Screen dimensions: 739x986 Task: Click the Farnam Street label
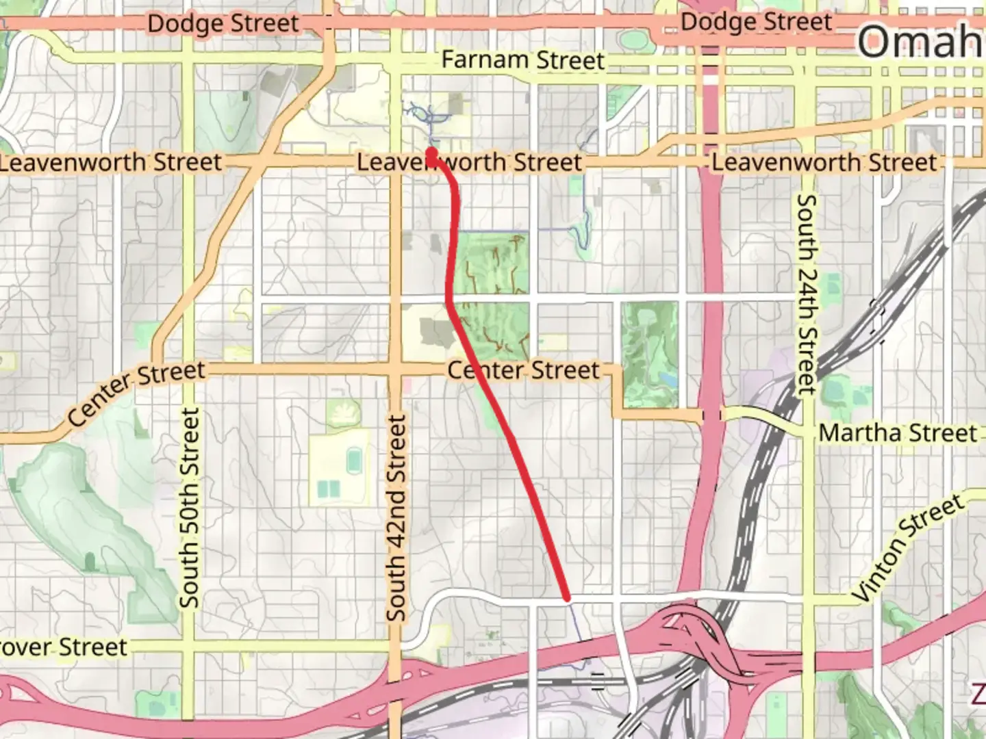(523, 60)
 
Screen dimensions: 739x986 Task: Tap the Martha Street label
(898, 433)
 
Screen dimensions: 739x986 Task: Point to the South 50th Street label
(189, 508)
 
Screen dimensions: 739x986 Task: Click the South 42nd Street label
(396, 518)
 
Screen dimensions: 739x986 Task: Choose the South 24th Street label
(807, 294)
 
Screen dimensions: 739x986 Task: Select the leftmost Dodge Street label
(223, 24)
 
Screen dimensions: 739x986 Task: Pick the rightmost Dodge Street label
(756, 22)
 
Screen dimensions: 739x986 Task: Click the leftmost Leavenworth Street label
(111, 163)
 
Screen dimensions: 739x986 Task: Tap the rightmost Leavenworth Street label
(824, 163)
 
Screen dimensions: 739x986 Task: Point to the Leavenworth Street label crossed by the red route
(470, 163)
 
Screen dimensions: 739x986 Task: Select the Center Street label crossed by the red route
(524, 370)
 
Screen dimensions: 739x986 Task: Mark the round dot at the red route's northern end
(432, 153)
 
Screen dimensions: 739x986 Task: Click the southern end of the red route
(566, 598)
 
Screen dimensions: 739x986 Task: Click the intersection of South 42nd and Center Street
(395, 369)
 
